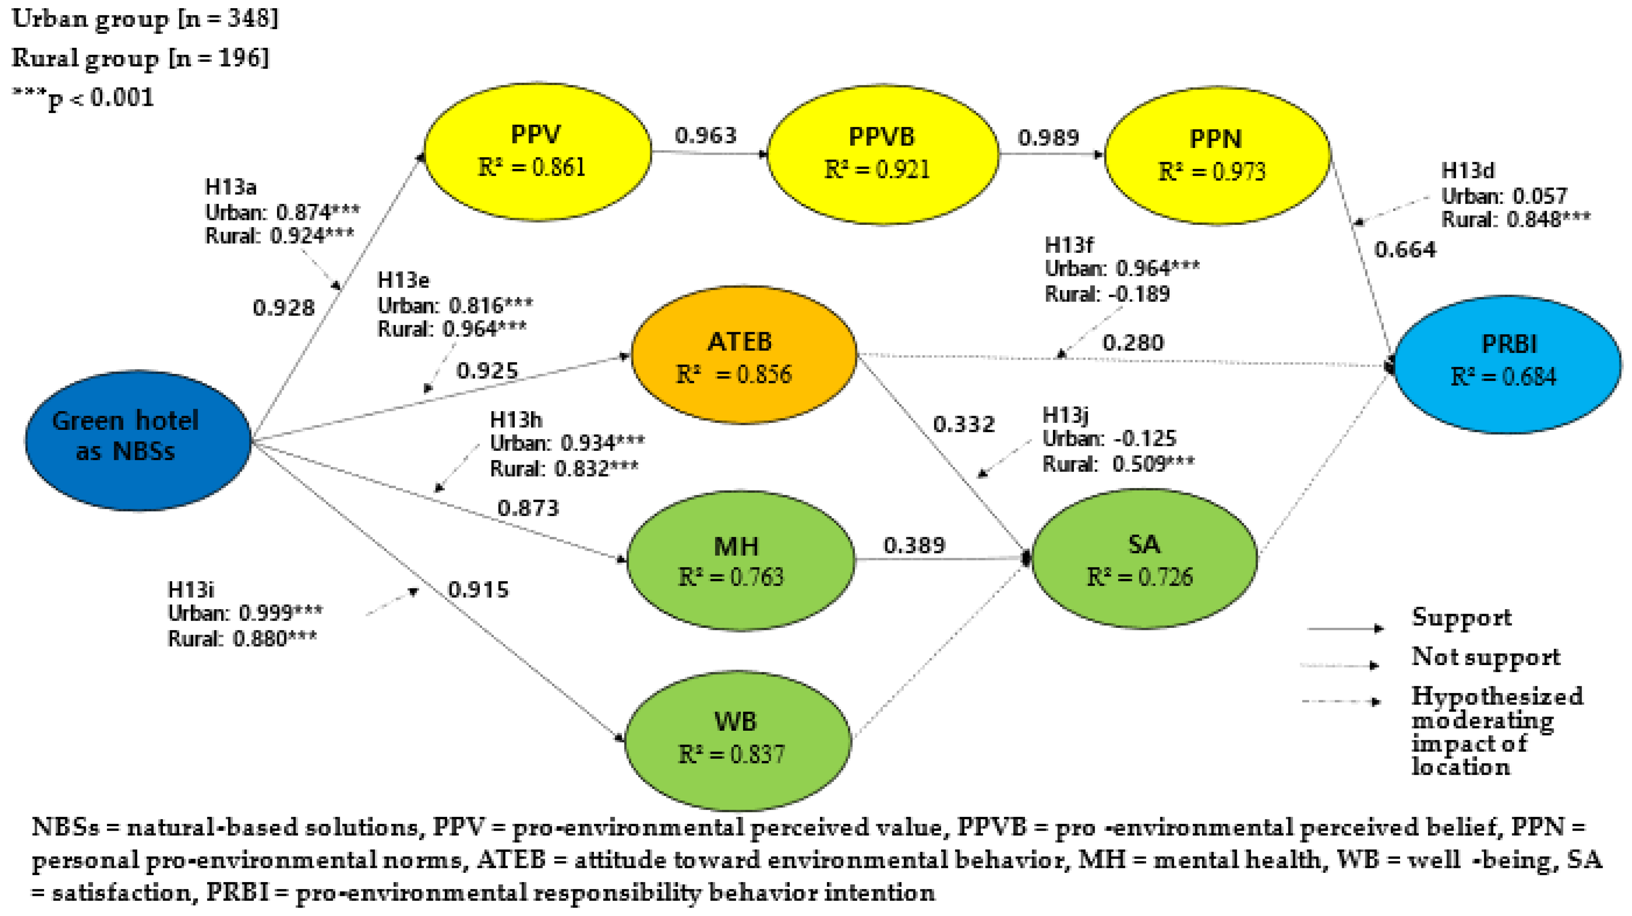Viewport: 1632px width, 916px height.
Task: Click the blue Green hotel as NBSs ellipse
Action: pos(138,440)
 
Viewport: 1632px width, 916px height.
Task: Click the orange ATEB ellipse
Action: pos(743,356)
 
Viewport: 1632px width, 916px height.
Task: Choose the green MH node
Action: pos(739,561)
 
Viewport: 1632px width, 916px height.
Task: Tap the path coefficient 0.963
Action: pos(706,136)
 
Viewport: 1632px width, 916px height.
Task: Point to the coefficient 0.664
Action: pos(1405,249)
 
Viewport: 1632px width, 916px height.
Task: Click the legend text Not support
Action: pos(1485,657)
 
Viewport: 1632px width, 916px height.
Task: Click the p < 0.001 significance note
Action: pos(84,98)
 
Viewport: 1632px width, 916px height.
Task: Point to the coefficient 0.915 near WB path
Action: pos(478,590)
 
